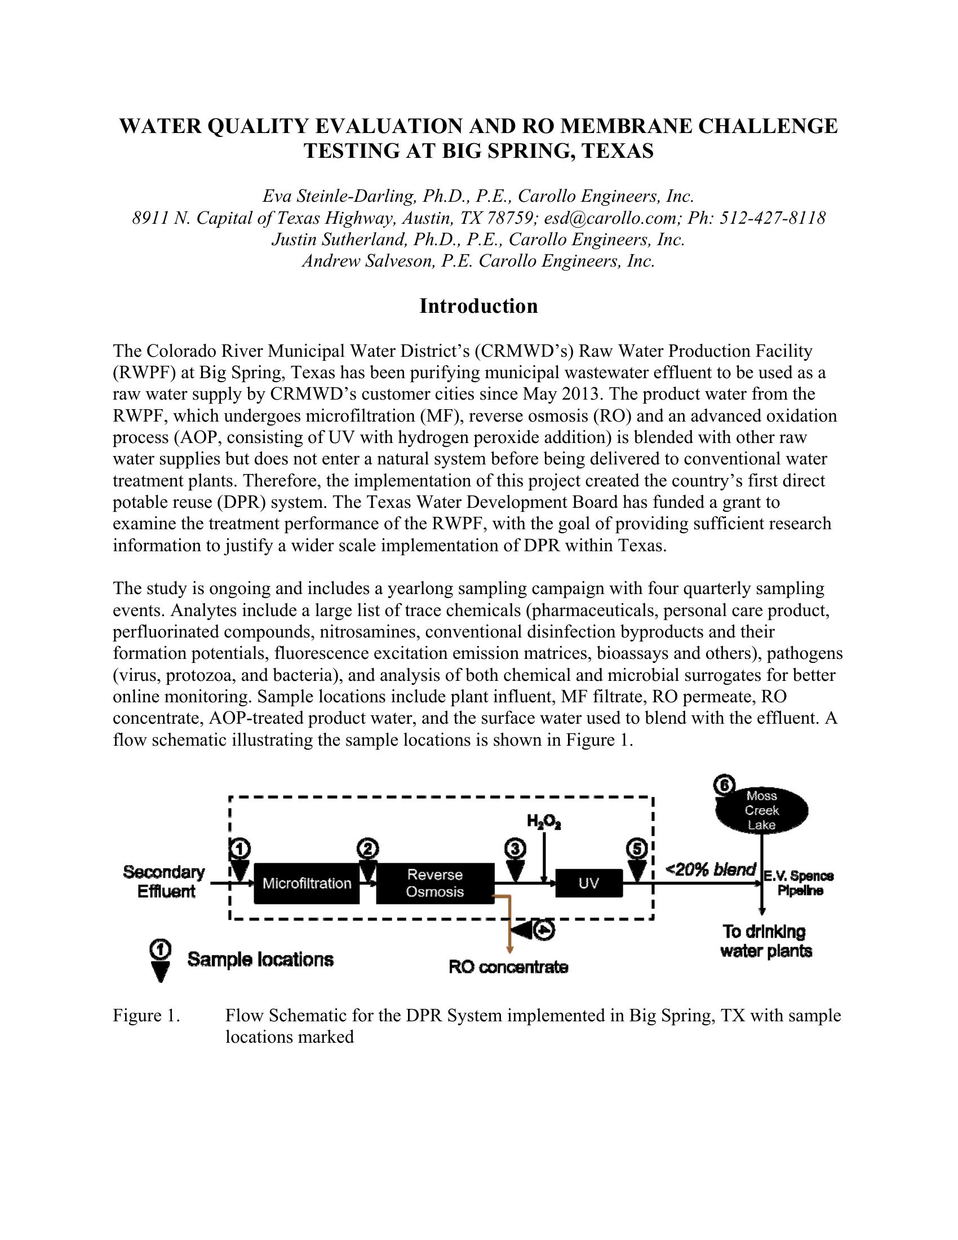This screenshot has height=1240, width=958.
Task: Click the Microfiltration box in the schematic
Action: [x=307, y=883]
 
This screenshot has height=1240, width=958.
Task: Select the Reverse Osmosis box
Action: [x=434, y=883]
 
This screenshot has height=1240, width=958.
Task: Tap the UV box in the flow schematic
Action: [x=588, y=883]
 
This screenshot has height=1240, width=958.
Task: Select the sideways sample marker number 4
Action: [x=534, y=930]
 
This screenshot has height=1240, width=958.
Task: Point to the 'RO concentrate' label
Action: [x=508, y=967]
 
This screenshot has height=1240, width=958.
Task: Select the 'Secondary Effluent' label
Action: [x=164, y=881]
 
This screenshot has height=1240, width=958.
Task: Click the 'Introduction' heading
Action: [x=478, y=306]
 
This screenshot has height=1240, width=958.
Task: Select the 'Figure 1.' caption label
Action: [x=147, y=1015]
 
